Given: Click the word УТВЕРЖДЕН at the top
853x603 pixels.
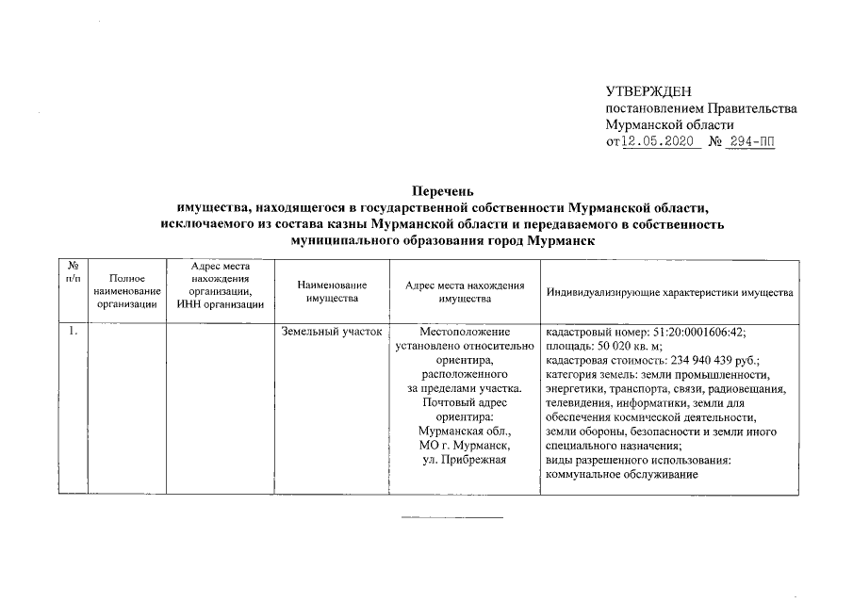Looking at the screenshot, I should click(648, 91).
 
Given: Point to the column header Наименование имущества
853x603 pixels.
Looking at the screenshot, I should click(330, 291).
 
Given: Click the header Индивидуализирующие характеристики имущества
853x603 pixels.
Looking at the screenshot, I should click(669, 292).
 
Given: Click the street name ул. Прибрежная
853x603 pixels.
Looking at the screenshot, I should click(465, 460).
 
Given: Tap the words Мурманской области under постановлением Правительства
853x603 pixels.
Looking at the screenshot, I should click(669, 125).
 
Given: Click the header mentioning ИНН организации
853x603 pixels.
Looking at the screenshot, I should click(220, 303).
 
